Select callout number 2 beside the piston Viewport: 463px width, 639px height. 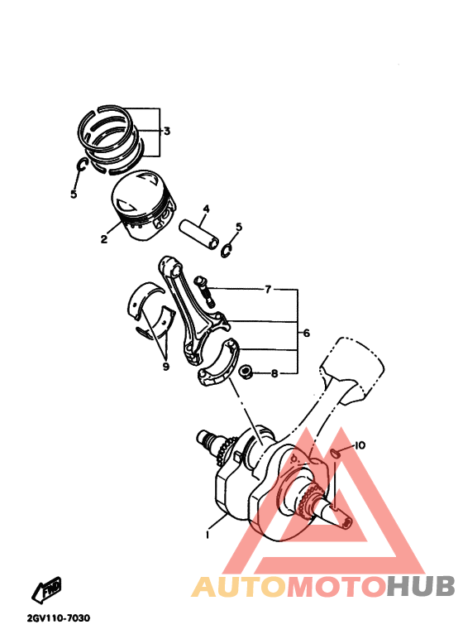click(x=104, y=240)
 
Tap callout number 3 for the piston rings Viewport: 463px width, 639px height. click(x=166, y=132)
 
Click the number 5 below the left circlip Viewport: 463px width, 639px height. click(x=74, y=194)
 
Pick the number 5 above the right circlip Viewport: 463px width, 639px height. click(x=239, y=227)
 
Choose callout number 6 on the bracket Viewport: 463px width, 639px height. click(x=306, y=334)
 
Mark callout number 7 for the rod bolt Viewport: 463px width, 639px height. click(x=268, y=291)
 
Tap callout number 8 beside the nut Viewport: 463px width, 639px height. click(x=274, y=374)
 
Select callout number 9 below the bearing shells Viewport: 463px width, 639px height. click(x=165, y=366)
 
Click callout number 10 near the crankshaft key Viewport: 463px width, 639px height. click(x=359, y=446)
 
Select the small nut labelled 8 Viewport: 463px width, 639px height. click(x=245, y=372)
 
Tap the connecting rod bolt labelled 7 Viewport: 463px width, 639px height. click(x=203, y=289)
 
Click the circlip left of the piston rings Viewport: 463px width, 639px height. click(x=81, y=167)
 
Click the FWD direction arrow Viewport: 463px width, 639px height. click(x=45, y=590)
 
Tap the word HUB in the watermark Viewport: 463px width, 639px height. click(x=421, y=587)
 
